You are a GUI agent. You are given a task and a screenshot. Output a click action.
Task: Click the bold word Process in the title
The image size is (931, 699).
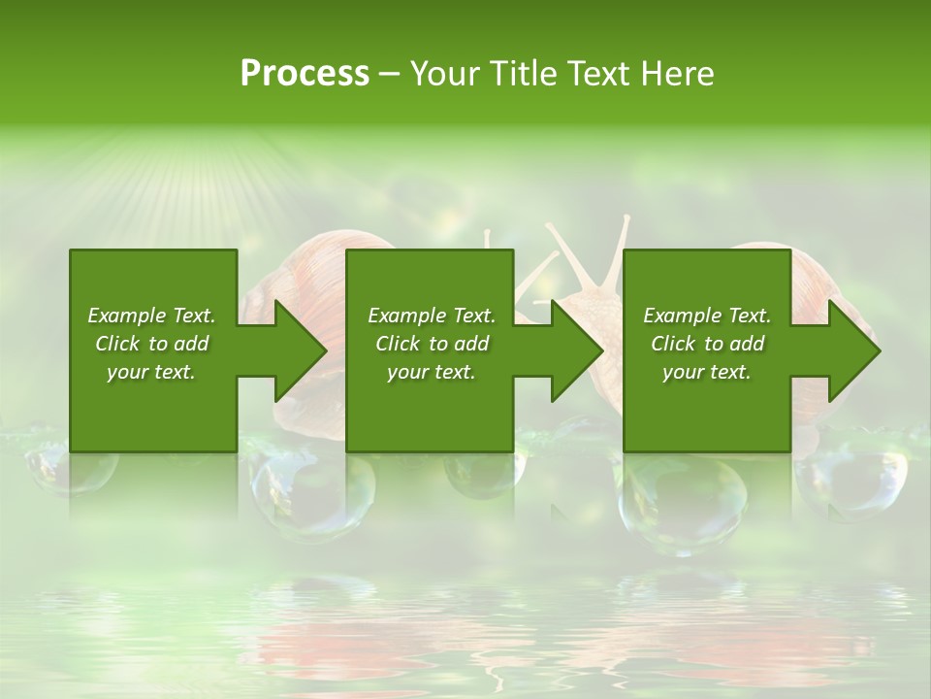click(305, 74)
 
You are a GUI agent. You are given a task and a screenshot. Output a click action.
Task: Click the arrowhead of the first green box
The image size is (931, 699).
click(300, 350)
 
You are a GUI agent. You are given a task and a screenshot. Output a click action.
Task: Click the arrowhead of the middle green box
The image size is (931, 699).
click(576, 350)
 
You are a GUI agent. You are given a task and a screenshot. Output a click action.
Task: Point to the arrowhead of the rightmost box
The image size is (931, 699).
click(852, 350)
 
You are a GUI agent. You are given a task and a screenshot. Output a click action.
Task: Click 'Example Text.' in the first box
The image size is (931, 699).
click(151, 316)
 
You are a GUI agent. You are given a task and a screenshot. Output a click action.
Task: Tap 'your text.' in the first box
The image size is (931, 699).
click(151, 372)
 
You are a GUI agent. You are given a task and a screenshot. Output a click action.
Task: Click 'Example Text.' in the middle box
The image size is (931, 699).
click(432, 316)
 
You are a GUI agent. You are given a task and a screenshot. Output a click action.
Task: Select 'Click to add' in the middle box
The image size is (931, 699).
click(432, 344)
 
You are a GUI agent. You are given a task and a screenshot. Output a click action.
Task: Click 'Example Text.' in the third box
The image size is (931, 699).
click(707, 316)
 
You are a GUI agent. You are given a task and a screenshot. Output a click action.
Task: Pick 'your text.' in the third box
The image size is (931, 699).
click(707, 372)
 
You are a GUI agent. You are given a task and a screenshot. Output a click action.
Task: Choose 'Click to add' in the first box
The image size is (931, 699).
click(151, 344)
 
